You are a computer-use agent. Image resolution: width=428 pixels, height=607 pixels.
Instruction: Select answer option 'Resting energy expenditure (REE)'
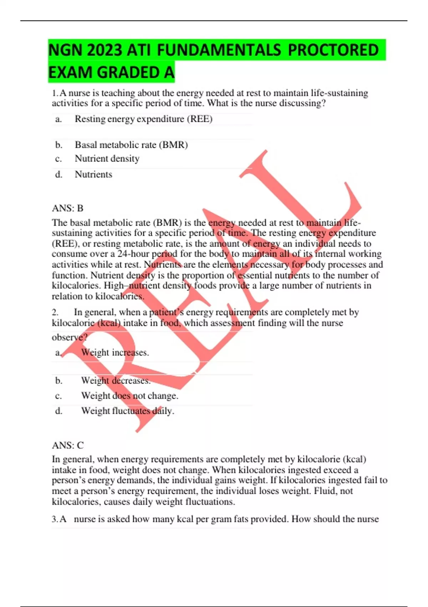(143, 119)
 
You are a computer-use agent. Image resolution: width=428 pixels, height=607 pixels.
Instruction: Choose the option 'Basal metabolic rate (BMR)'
(131, 145)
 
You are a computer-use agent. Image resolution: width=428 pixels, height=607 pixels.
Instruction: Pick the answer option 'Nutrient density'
(107, 159)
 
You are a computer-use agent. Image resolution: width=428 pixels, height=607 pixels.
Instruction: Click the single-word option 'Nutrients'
(93, 174)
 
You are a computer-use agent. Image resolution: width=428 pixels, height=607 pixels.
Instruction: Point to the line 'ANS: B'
(67, 208)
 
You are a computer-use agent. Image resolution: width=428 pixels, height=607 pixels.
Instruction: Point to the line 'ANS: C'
(68, 445)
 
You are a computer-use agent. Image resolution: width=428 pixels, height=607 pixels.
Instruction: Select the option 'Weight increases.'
(115, 352)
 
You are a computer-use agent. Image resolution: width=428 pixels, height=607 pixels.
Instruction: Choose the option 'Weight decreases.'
(116, 381)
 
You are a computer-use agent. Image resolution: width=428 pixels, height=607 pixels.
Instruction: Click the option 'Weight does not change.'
(129, 396)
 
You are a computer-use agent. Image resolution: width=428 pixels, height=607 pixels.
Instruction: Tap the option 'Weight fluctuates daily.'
(127, 411)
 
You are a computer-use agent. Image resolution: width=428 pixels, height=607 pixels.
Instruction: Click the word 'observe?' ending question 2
(70, 337)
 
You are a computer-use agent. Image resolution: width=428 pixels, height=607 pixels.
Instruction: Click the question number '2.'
(55, 312)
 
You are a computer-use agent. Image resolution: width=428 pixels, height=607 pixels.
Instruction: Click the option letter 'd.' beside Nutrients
(58, 174)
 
